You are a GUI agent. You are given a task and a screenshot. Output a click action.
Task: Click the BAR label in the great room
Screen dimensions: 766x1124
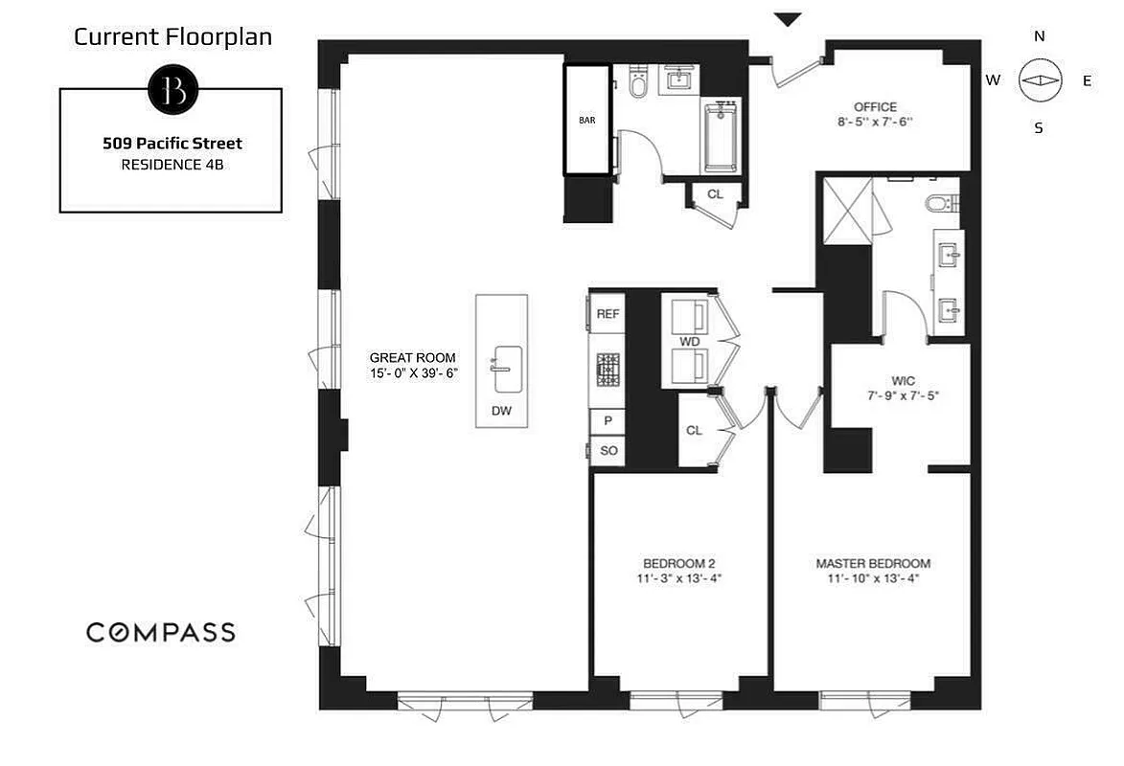coord(586,122)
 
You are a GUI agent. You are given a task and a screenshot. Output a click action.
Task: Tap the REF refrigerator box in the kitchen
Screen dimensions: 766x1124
coord(608,314)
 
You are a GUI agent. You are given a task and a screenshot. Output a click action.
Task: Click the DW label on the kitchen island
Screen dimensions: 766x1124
coord(501,410)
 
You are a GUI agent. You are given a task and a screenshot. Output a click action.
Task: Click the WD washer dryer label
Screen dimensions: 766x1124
coord(689,341)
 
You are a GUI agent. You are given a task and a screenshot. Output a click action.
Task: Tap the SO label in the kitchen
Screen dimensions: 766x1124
coord(608,450)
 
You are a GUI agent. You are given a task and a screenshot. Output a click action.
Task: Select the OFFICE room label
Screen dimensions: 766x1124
coord(875,107)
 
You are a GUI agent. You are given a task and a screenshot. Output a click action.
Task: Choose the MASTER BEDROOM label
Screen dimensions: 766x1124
coord(873,563)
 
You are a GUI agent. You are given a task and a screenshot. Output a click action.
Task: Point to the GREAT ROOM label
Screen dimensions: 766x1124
coord(412,357)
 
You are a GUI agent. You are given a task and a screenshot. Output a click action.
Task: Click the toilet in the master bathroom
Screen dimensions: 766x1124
coord(942,203)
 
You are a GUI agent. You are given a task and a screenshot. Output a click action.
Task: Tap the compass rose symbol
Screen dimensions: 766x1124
coord(1040,81)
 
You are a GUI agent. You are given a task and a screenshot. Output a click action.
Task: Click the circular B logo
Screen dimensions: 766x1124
coord(172,90)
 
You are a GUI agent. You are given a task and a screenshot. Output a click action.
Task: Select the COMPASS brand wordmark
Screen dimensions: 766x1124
coord(160,632)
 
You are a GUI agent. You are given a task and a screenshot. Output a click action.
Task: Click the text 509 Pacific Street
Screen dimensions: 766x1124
coord(172,144)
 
